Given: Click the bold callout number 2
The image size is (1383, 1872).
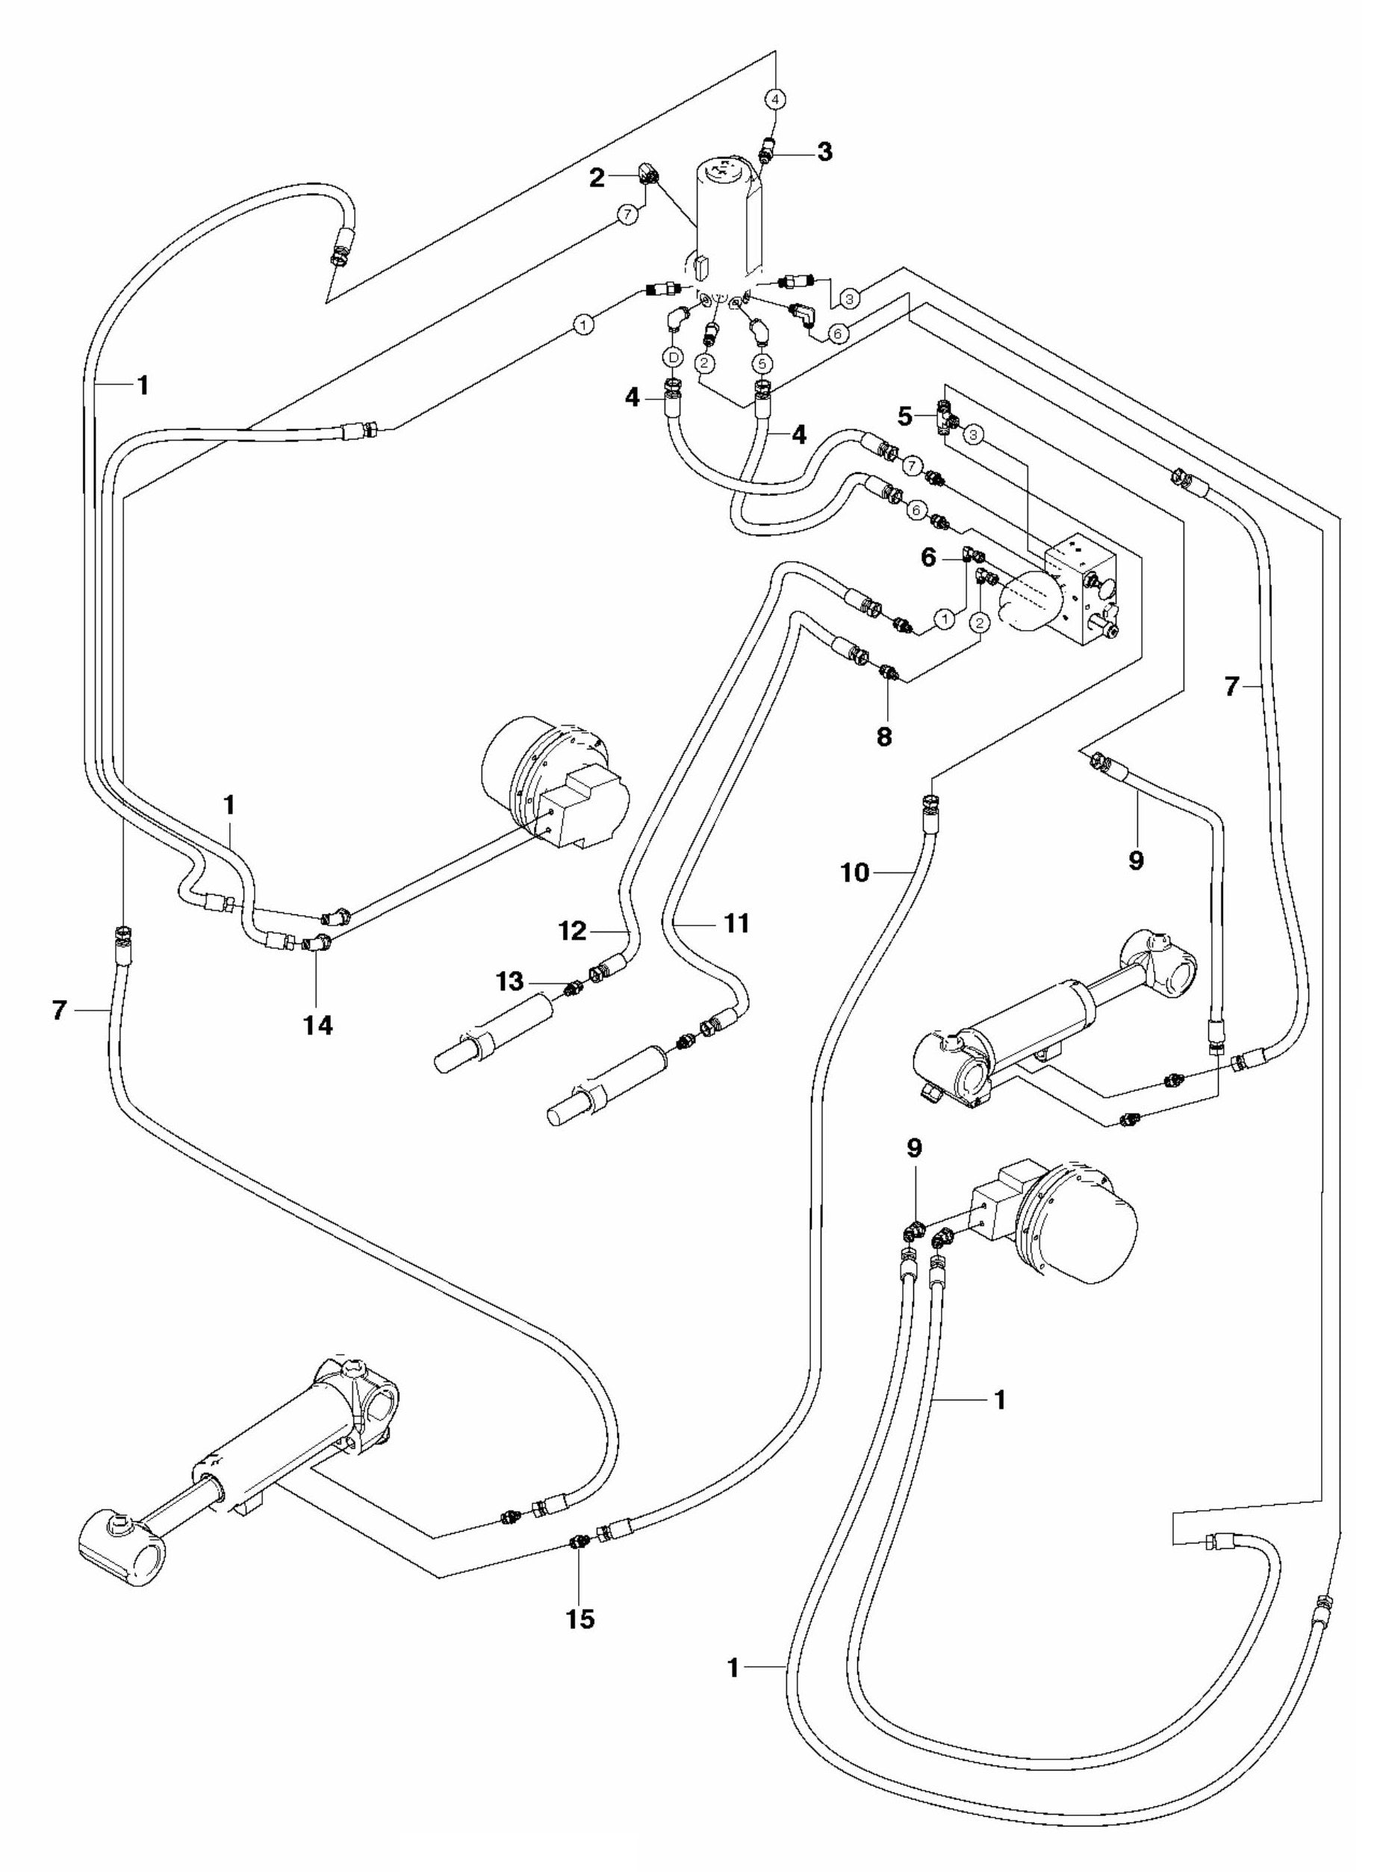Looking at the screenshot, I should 596,178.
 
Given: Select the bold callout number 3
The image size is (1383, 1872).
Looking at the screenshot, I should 824,152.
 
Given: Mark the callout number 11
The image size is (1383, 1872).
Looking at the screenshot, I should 737,923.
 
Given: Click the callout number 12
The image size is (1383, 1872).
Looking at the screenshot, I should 574,931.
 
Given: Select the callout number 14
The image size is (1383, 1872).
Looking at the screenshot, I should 318,1024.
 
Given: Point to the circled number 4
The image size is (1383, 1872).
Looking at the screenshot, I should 775,99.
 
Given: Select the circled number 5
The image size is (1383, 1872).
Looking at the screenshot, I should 762,364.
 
